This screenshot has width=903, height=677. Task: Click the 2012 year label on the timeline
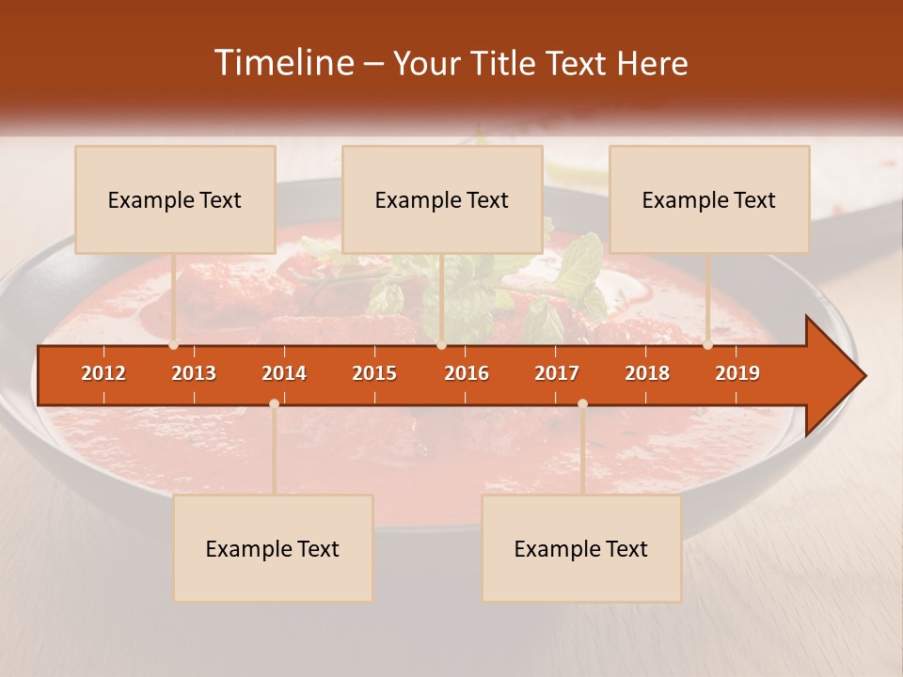(103, 373)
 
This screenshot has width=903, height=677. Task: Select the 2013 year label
(194, 373)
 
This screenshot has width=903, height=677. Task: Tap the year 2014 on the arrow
(284, 373)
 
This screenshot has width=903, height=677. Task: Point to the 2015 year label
(374, 373)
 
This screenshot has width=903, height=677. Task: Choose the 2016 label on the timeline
(467, 373)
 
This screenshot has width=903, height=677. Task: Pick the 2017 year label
(557, 373)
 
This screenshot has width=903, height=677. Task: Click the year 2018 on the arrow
(647, 373)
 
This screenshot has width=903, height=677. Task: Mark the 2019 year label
(737, 373)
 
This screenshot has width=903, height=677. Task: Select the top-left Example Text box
(175, 199)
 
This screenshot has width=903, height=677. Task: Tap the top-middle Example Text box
(442, 199)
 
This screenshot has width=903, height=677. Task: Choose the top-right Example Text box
(709, 199)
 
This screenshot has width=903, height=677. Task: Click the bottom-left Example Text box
(273, 548)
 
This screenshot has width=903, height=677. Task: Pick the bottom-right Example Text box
(581, 548)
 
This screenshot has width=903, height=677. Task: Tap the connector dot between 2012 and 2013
(174, 345)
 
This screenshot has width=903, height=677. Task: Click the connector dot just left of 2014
(274, 403)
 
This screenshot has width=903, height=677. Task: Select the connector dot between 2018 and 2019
(708, 345)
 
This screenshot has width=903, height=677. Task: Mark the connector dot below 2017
(582, 403)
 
